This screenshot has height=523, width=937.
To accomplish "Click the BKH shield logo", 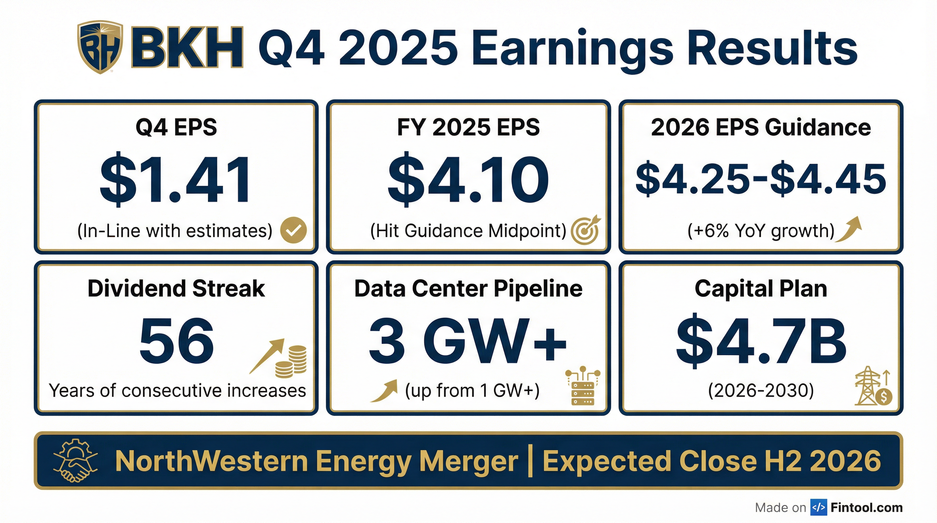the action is pyautogui.click(x=100, y=47).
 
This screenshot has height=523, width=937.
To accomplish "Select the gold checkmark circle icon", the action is pyautogui.click(x=293, y=230).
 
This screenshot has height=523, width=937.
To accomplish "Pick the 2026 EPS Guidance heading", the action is pyautogui.click(x=761, y=127).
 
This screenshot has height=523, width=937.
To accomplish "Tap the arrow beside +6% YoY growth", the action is pyautogui.click(x=849, y=229).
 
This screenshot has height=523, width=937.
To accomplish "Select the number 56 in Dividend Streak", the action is pyautogui.click(x=176, y=340).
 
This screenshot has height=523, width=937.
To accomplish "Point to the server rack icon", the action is pyautogui.click(x=583, y=386).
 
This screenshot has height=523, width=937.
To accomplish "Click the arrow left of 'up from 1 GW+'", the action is pyautogui.click(x=384, y=391).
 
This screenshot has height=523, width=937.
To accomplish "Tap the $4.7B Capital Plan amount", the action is pyautogui.click(x=761, y=340).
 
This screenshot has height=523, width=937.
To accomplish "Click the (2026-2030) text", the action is pyautogui.click(x=761, y=391).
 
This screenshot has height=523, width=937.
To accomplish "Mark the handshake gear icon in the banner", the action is pyautogui.click(x=76, y=460).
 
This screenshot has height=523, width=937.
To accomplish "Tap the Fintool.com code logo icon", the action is pyautogui.click(x=819, y=507).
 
